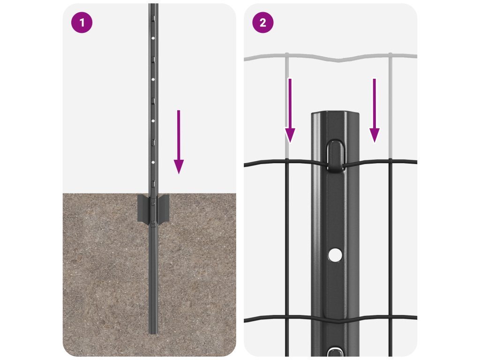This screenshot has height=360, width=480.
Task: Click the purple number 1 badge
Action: point(82,22)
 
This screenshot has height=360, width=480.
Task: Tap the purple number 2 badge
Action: point(262,22)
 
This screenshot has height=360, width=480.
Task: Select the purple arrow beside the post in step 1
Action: point(179,142)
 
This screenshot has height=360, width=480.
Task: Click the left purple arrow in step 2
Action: point(290,111)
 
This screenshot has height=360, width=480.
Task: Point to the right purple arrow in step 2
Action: point(374,111)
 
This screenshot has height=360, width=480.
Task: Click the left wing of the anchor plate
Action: point(143,208)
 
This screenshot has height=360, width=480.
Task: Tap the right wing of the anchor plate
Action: point(163,208)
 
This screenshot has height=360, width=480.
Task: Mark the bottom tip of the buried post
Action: point(153,333)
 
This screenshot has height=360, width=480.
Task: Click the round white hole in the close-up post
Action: point(335,255)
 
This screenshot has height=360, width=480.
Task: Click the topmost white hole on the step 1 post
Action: point(153,38)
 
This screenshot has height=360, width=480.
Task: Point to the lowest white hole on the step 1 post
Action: point(153,162)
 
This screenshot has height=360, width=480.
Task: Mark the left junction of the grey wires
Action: point(287,56)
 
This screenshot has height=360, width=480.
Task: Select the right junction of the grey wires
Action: point(390,56)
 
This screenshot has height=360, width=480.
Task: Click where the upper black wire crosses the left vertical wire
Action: point(287,160)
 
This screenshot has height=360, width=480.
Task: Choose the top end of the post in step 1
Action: point(153,4)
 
